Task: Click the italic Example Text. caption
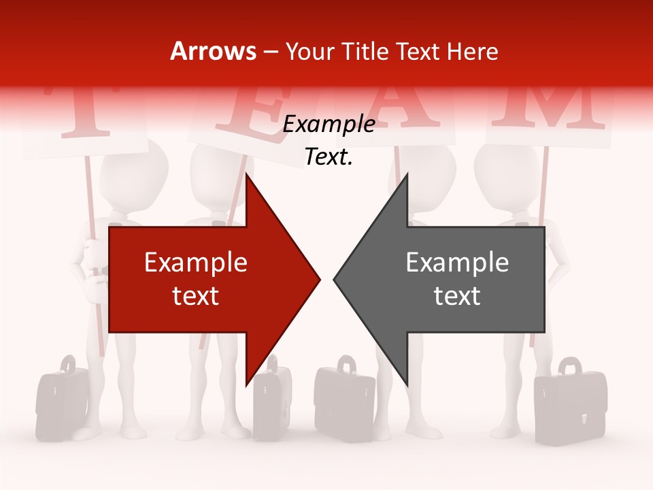point(329,140)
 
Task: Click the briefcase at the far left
point(62,398)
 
